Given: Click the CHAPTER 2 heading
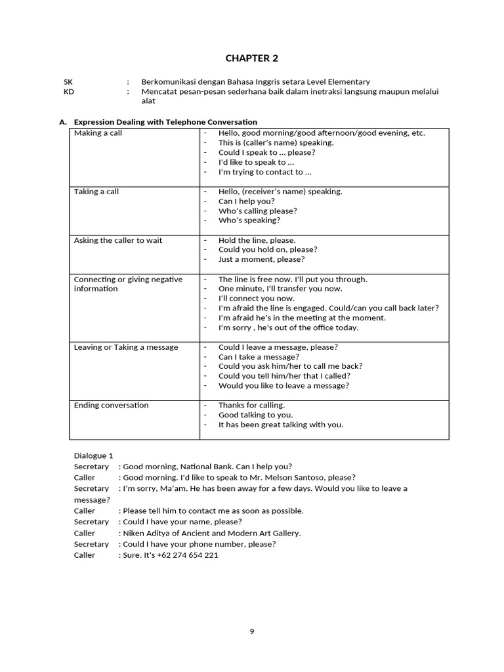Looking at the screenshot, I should coord(251,58).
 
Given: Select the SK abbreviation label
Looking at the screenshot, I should coord(68,81).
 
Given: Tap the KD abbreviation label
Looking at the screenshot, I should coord(69,92).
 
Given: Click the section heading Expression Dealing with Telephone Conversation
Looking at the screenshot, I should coord(165,122).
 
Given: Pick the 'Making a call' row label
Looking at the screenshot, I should coord(98,133).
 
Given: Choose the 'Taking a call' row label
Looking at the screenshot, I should coord(96,192).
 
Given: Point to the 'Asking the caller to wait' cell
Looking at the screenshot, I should coord(118,240).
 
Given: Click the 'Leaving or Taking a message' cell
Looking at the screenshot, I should coord(126,347).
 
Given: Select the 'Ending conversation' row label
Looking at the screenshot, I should coord(112,406).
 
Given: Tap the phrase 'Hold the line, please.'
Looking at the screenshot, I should coord(257,240).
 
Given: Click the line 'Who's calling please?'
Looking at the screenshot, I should coord(258,211).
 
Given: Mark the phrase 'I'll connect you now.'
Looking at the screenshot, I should coord(257,299).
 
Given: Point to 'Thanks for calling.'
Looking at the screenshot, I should coord(252,406).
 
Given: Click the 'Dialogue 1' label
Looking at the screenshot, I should coord(94,455).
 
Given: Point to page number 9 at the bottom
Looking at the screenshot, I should coord(252,631).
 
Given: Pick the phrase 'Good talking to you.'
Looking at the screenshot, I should coord(256,415).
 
